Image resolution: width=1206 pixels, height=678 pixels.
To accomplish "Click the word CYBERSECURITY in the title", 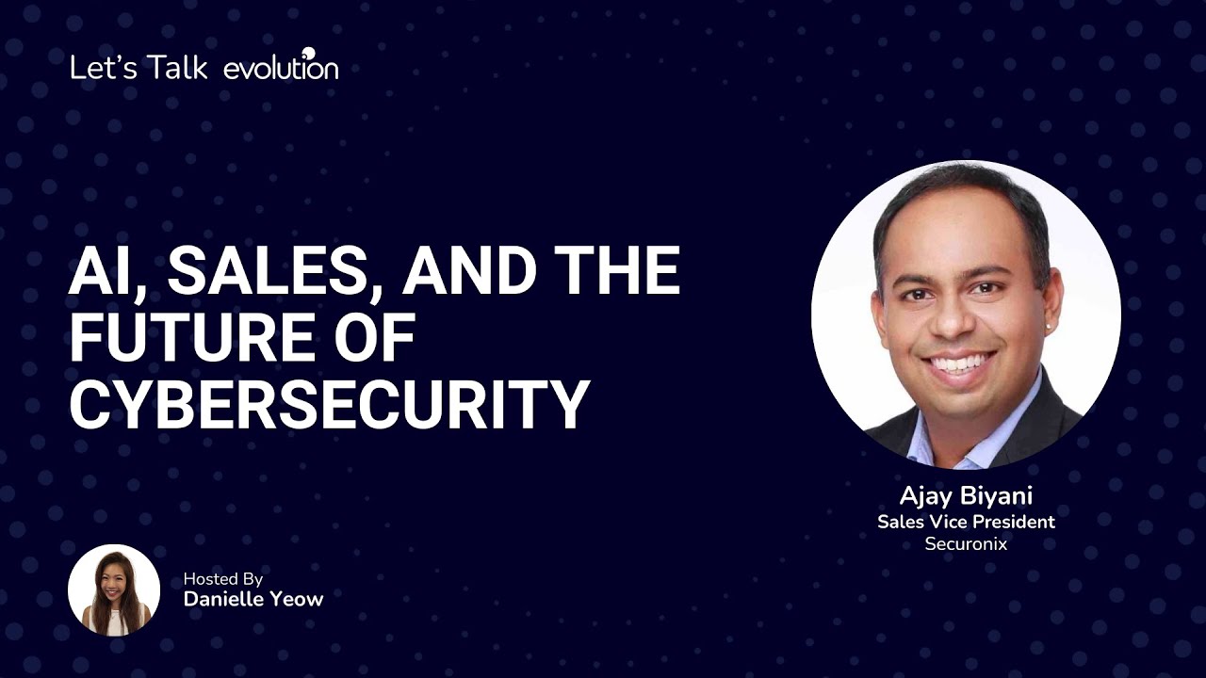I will click(x=329, y=405).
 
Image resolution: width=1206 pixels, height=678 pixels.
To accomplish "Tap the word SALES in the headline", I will click(x=274, y=271).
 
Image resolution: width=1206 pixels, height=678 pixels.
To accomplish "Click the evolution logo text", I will click(x=281, y=68).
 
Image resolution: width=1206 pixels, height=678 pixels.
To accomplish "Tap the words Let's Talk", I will click(x=139, y=68).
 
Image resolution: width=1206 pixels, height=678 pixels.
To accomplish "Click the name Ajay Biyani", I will click(x=966, y=496).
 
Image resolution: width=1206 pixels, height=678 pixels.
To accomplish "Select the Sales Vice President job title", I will click(x=966, y=522).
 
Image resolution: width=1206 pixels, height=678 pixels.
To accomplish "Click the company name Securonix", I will click(x=966, y=544).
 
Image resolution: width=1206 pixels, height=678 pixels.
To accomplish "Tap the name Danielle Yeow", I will click(x=253, y=599).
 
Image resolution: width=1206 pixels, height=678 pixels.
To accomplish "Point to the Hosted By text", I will click(x=223, y=579).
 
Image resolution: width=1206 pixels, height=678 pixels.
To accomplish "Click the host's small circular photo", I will click(x=114, y=590).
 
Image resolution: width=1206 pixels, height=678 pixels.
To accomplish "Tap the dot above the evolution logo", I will click(x=308, y=53).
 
